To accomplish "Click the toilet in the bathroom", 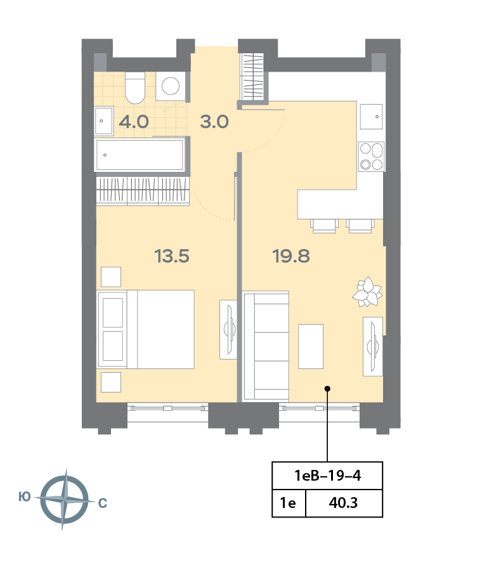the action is (135, 88).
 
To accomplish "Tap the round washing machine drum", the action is (171, 86).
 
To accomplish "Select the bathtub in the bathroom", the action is (140, 155).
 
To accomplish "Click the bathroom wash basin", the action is (104, 120).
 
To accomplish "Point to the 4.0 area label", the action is (134, 122).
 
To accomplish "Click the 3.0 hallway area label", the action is (214, 122).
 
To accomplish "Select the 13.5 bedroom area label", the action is (172, 256).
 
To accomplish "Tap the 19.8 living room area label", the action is (291, 256).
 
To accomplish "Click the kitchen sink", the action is (371, 117).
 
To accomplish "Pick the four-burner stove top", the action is (371, 157).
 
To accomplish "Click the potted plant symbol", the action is (367, 292).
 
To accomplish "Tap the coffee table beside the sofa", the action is (311, 346).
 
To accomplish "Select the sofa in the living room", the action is (266, 346).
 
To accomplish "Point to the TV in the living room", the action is (373, 347).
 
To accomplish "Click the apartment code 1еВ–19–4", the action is (327, 476).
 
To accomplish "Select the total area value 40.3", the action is (343, 503).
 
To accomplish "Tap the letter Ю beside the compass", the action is (25, 497).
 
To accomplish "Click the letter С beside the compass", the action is (103, 503).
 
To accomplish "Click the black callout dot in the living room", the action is (327, 389).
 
